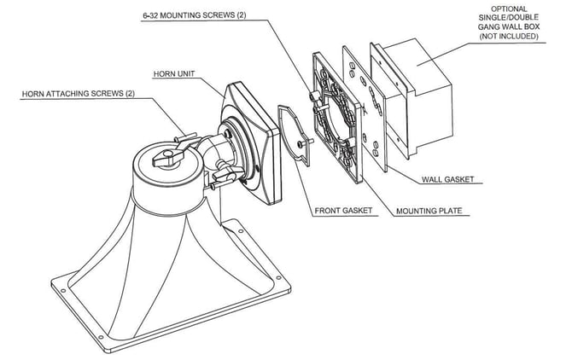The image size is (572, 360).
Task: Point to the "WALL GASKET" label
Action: [x=449, y=179]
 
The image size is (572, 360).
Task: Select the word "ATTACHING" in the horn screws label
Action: [x=70, y=92]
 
